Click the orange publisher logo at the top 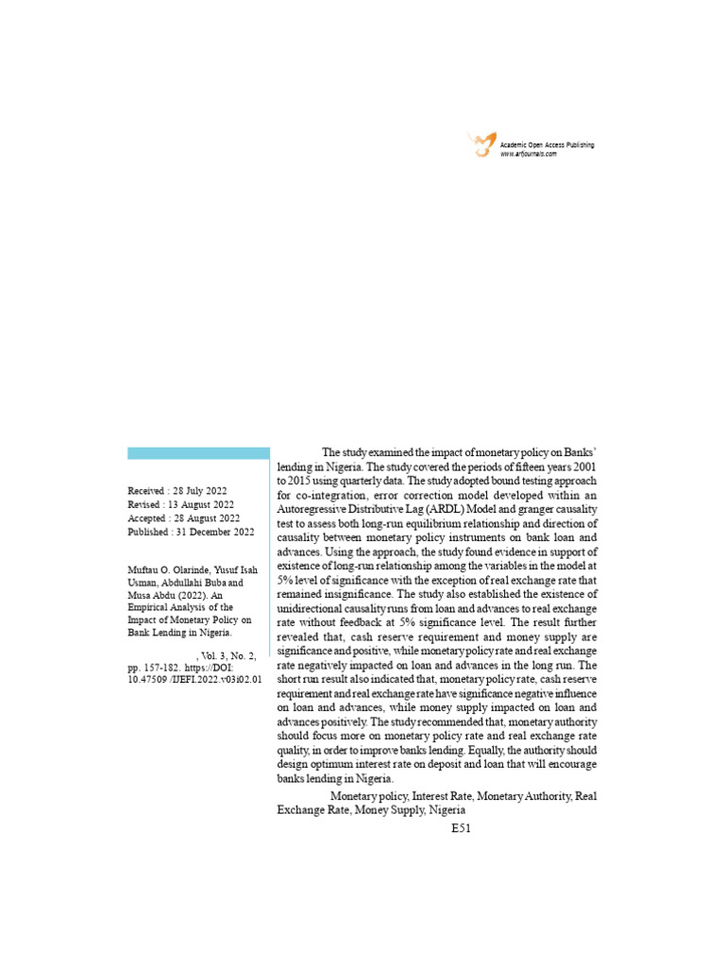[x=481, y=144]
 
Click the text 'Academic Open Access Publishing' [x=548, y=144]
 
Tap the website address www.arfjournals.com [x=529, y=154]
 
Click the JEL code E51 [x=460, y=828]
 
